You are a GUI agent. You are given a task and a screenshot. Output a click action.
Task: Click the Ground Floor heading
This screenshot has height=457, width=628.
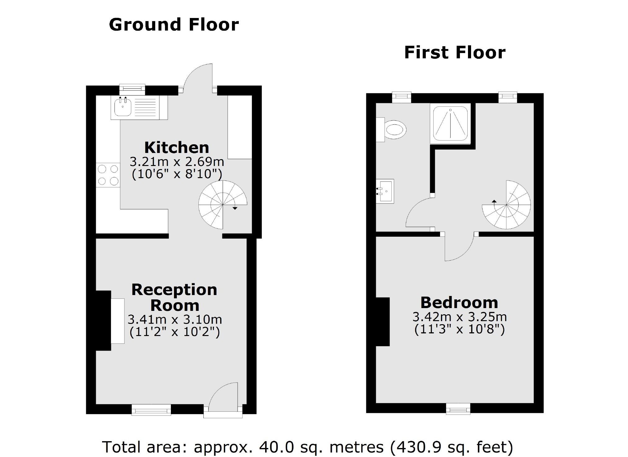point(174,25)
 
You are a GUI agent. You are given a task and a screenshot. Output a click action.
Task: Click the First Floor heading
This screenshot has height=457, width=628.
point(455,52)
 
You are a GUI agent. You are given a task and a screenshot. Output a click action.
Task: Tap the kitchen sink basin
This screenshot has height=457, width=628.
point(123,108)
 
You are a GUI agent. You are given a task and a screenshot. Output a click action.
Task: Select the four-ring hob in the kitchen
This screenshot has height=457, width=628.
point(108,175)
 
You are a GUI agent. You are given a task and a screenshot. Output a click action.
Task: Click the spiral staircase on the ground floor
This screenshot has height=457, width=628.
point(222,205)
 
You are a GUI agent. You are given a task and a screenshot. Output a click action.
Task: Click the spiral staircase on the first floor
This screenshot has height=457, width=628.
point(506,205)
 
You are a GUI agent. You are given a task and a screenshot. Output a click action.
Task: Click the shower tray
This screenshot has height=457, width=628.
point(450,123)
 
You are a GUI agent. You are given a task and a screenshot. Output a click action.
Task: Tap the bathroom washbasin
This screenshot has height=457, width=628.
point(385,191)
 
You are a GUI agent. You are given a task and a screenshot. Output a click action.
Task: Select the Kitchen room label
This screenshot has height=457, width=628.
point(177,148)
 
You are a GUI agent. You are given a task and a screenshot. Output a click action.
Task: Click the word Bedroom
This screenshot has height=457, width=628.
point(459,302)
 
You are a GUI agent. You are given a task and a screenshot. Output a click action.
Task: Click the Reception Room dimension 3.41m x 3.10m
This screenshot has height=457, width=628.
point(175,319)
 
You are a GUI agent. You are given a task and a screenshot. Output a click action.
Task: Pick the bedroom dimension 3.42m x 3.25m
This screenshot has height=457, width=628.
point(459,317)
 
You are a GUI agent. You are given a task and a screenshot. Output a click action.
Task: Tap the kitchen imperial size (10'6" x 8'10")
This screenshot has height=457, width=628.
point(177,174)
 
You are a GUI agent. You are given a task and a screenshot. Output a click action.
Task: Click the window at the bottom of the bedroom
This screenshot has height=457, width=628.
point(458,409)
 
